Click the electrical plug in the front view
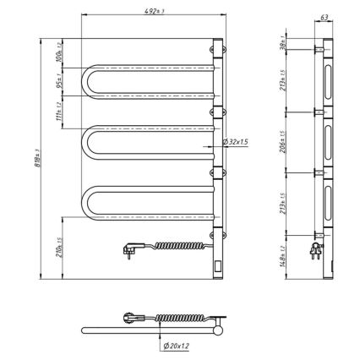[x=133, y=247]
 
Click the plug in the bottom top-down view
[x=133, y=319]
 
